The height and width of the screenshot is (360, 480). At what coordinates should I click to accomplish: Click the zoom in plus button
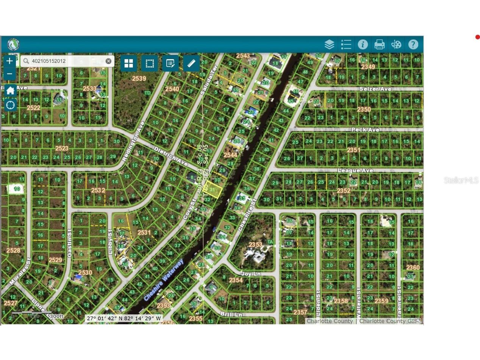tap(9, 61)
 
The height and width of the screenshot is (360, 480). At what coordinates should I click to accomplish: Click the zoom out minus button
tap(9, 74)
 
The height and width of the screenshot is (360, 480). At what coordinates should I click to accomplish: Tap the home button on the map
tap(10, 91)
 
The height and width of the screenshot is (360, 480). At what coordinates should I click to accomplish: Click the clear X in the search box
tap(108, 61)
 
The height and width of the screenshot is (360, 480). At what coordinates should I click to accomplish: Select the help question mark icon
tap(413, 44)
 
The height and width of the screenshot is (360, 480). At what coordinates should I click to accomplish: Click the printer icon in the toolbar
tap(379, 44)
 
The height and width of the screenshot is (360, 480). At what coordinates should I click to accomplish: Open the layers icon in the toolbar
tap(329, 44)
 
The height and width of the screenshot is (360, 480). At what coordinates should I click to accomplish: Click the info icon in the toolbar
tap(363, 44)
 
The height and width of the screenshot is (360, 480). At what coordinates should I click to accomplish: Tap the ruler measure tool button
tap(191, 63)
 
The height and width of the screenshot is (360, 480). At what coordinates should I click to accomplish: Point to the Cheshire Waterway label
tap(164, 280)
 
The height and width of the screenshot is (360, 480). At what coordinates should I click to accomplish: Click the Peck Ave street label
tap(365, 130)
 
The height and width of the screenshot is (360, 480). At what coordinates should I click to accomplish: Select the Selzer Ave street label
tap(375, 89)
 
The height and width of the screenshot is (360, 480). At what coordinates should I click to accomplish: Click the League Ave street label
tap(355, 171)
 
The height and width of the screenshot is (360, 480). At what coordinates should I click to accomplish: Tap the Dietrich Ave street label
tap(171, 156)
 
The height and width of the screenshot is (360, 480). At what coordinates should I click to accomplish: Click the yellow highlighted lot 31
tap(213, 189)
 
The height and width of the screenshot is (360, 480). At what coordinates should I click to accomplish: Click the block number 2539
tap(139, 78)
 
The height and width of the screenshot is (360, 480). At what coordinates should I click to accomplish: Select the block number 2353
tap(255, 244)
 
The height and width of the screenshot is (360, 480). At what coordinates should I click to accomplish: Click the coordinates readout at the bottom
tap(124, 318)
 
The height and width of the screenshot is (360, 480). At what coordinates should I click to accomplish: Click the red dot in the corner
tap(477, 37)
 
